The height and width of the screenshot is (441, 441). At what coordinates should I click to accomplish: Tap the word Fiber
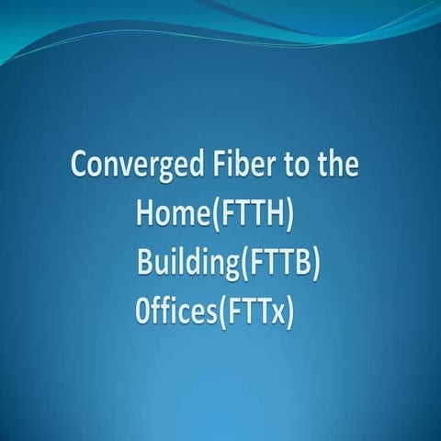tap(240, 165)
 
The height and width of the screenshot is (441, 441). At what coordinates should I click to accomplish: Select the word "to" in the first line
tap(295, 166)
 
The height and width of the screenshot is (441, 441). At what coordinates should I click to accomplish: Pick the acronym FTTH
tap(253, 213)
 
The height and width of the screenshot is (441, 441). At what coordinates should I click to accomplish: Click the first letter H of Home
tap(145, 213)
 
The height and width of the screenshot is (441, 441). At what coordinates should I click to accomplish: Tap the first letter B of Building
tap(145, 263)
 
